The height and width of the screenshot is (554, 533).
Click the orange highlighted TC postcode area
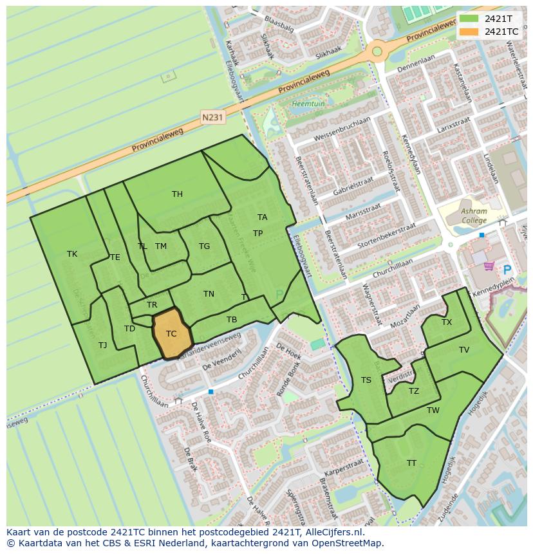pos(171,334)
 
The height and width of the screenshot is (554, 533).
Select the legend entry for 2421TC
pos(501,32)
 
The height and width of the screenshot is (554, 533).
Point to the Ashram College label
pos(474,216)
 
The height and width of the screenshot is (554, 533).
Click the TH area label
pos(177,194)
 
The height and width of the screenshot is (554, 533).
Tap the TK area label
pos(72,254)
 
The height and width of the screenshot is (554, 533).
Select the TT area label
pos(411,463)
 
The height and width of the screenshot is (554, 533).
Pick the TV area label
pos(464,350)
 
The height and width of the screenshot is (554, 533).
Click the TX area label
pos(447,322)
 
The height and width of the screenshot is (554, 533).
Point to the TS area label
pos(366,380)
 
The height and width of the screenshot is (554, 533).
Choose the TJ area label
pos(103,346)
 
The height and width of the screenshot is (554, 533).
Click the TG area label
pos(204,246)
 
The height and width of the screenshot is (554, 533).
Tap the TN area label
pos(209,294)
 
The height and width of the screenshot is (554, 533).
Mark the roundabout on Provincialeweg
pos(377,51)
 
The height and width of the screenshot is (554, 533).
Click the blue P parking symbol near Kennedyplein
pos(507,270)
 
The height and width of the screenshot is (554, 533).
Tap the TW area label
pos(433,411)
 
